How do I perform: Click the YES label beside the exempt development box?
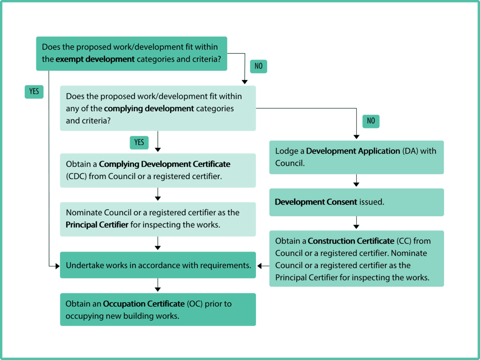[x=34, y=91]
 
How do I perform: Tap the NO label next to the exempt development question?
[x=259, y=66]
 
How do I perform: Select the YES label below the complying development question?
[x=139, y=142]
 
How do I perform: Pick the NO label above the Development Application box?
[x=371, y=121]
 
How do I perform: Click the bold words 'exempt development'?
[x=95, y=59]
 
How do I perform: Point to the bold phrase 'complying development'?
[x=149, y=109]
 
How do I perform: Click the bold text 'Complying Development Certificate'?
[x=165, y=164]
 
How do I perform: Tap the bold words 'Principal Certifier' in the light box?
[x=97, y=225]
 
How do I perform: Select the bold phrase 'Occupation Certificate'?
[x=144, y=304]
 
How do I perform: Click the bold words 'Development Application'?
[x=353, y=151]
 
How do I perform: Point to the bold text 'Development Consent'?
[x=316, y=202]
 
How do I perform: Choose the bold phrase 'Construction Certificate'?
[x=351, y=241]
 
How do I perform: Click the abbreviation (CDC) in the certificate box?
[x=76, y=176]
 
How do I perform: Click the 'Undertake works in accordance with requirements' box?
[x=158, y=265]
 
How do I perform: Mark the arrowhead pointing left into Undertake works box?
[x=259, y=266]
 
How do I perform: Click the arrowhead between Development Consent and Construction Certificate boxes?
[x=356, y=227]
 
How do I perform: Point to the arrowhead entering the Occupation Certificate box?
[x=158, y=290]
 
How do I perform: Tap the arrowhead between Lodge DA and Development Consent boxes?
[x=356, y=185]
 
